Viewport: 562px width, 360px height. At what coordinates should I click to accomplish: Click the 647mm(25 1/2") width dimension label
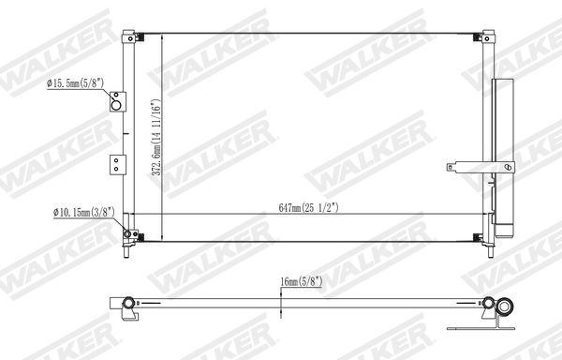(x=308, y=208)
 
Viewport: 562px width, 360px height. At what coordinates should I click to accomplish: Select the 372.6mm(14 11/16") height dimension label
(x=156, y=137)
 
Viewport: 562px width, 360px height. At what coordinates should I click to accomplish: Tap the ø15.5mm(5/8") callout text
(x=75, y=83)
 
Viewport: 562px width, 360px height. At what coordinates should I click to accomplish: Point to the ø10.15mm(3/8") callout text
(x=84, y=212)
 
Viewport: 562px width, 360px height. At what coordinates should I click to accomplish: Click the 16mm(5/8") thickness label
(x=302, y=281)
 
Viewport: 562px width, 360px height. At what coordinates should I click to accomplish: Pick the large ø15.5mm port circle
(x=116, y=105)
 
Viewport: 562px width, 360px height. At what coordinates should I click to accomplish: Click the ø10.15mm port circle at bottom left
(x=127, y=234)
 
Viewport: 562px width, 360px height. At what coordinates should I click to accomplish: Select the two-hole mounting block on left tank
(x=118, y=165)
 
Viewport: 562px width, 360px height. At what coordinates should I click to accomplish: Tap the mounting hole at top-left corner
(x=130, y=38)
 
